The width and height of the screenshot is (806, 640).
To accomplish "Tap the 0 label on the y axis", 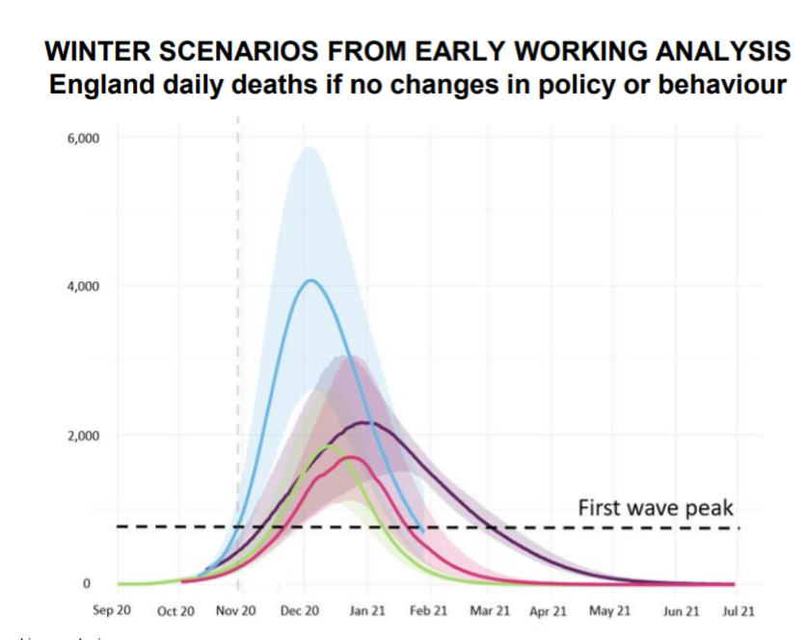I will tap(86, 584).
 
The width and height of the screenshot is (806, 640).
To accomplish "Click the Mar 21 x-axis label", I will tap(489, 611).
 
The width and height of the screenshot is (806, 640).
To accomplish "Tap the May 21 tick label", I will tap(610, 611).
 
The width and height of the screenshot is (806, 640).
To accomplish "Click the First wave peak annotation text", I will tap(656, 507).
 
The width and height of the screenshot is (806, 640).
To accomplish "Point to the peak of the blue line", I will tap(310, 280).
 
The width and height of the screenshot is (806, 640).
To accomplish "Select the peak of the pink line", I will tap(351, 457).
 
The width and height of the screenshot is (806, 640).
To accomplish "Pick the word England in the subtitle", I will tap(97, 85).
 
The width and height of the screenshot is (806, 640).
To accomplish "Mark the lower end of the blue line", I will tap(422, 530).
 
